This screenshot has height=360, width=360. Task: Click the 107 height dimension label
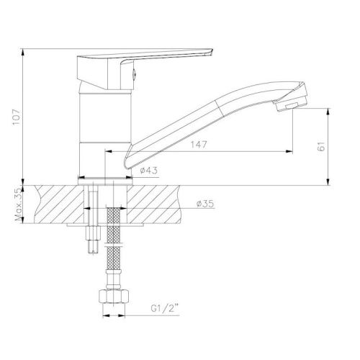click(x=17, y=117)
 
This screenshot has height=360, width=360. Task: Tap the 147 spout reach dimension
click(x=199, y=145)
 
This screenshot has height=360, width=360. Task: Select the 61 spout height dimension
click(x=321, y=145)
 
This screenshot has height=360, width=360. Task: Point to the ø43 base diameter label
click(x=149, y=171)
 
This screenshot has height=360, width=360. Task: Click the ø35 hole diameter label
click(x=204, y=204)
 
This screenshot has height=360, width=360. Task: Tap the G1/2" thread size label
click(x=165, y=309)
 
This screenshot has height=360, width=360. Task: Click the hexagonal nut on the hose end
click(x=114, y=297)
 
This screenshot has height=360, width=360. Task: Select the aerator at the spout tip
click(x=287, y=106)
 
